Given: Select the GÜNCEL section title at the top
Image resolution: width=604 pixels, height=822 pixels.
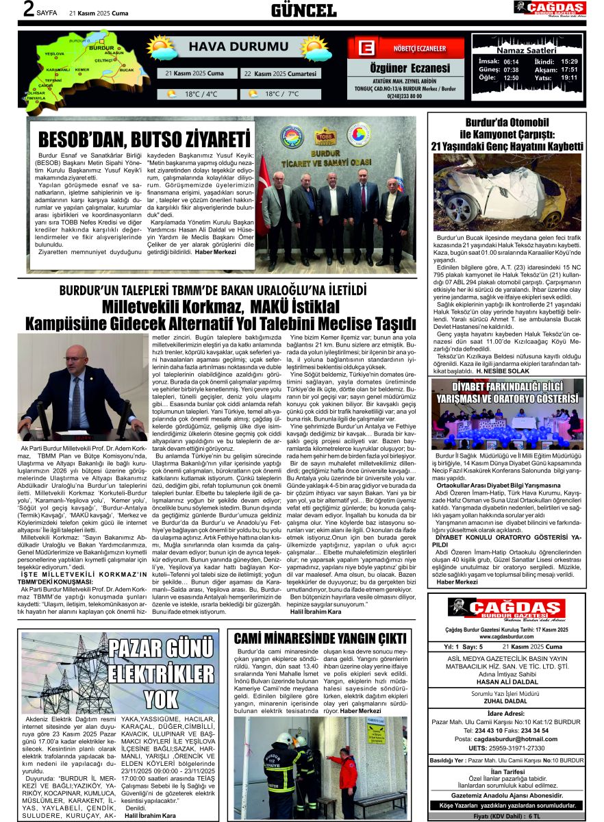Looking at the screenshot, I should pos(303,10).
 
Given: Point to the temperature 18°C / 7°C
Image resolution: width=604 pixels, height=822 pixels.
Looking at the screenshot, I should pos(284,94).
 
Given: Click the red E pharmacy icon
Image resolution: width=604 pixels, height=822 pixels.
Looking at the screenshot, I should pos(366,49).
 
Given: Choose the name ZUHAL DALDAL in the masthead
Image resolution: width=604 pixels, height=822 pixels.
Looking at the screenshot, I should pos(506,701).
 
